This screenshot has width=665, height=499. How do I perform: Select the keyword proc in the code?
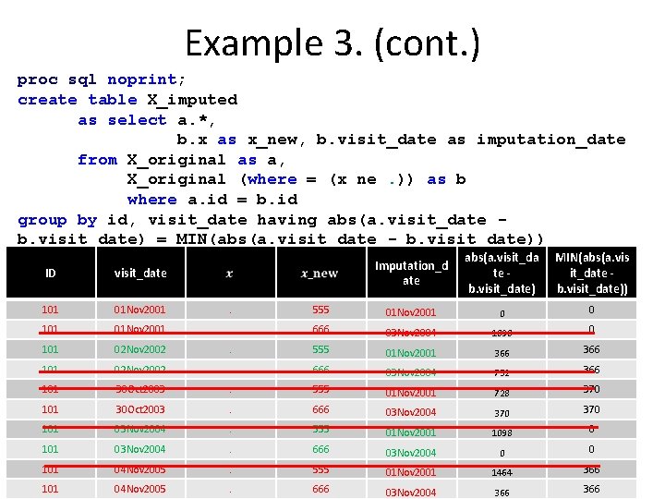(x=38, y=79)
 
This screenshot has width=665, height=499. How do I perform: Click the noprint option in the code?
(x=141, y=79)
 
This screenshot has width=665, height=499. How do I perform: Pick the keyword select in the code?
(x=137, y=120)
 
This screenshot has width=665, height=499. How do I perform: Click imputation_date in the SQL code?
(x=550, y=140)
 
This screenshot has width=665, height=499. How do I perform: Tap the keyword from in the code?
(x=97, y=160)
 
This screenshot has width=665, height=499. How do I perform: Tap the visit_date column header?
(x=140, y=274)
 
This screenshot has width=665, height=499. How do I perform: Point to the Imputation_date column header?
(x=411, y=274)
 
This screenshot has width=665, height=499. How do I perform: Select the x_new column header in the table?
(x=320, y=274)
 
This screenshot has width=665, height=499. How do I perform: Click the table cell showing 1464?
(x=502, y=472)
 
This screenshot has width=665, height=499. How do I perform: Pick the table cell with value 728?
(x=502, y=394)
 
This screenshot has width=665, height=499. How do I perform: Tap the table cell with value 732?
(x=502, y=373)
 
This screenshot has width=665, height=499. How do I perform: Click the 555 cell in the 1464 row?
(x=320, y=470)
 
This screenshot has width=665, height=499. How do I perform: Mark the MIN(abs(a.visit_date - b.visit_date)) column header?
(x=591, y=274)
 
